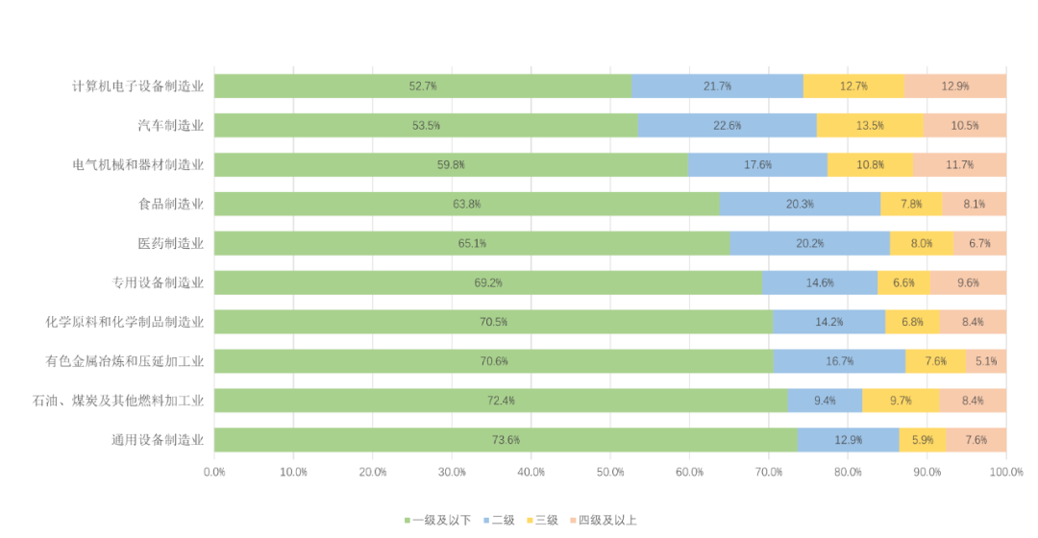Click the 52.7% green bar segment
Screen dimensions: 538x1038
pos(423,86)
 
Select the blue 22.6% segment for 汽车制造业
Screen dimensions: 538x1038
pos(727,126)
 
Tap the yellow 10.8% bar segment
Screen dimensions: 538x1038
pos(870,165)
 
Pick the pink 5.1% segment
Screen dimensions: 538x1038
pos(986,361)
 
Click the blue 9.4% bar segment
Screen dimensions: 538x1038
pos(825,401)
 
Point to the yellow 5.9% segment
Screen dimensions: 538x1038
pos(923,440)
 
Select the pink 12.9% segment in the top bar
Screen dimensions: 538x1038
pos(955,86)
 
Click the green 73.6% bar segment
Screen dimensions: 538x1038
pos(506,440)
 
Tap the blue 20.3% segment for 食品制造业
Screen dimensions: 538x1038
pos(800,205)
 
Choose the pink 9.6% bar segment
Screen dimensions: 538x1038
pos(968,283)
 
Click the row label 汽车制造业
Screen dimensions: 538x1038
pos(171,126)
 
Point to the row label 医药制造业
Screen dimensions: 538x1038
pos(171,243)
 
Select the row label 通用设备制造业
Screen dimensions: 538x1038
pos(158,440)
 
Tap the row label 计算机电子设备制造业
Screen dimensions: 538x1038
pos(138,86)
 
